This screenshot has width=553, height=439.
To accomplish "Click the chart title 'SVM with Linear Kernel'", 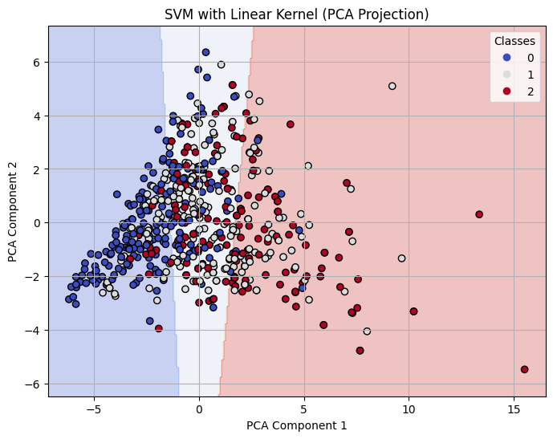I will click(x=297, y=14).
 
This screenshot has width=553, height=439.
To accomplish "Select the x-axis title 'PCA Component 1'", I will click(x=297, y=425).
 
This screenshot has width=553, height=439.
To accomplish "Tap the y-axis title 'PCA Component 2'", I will click(x=13, y=211).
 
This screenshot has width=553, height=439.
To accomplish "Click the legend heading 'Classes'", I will click(x=514, y=41).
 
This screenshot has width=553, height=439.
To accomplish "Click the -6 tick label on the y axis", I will click(x=34, y=384).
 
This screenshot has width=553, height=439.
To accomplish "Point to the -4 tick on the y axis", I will click(x=34, y=330).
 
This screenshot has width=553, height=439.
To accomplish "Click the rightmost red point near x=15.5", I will click(x=524, y=369).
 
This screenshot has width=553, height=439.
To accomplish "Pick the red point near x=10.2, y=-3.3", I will click(x=413, y=311).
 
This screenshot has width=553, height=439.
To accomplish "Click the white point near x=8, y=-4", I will click(x=367, y=331).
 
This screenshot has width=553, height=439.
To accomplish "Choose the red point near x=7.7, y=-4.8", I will click(x=360, y=351).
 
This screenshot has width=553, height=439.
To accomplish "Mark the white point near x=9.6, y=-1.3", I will click(x=401, y=258).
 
